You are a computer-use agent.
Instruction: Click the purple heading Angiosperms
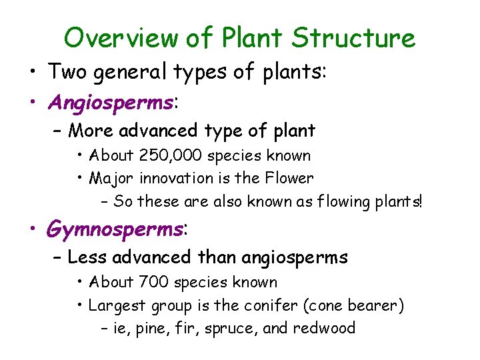pyautogui.click(x=111, y=103)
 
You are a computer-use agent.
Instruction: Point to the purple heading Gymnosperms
pyautogui.click(x=114, y=229)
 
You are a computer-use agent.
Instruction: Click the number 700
pyautogui.click(x=155, y=283)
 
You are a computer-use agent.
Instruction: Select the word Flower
pyautogui.click(x=288, y=178)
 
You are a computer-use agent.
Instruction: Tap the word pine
pyautogui.click(x=151, y=329)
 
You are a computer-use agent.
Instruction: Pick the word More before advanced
pyautogui.click(x=91, y=131)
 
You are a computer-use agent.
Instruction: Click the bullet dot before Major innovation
pyautogui.click(x=80, y=178)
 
